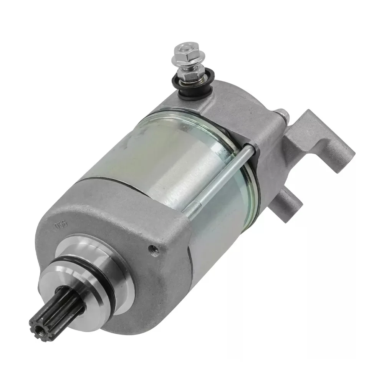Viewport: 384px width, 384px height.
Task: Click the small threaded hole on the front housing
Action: tap(154, 250)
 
